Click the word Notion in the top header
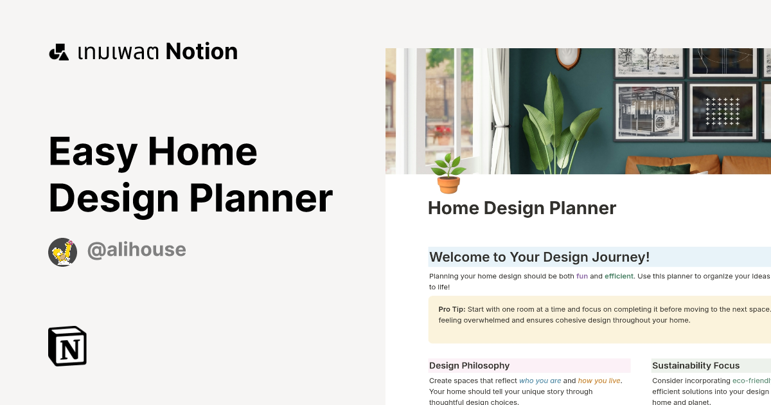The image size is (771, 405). click(202, 51)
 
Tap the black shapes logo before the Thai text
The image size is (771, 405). click(58, 52)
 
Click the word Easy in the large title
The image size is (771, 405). click(93, 152)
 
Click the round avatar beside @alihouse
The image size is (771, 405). click(63, 252)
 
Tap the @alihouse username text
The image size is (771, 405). click(136, 250)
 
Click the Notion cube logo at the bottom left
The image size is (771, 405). click(67, 346)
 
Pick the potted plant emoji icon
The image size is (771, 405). click(448, 174)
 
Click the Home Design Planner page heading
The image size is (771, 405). click(522, 208)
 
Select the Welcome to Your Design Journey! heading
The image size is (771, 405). click(540, 257)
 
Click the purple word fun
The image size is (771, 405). click(582, 276)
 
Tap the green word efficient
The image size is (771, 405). click(619, 276)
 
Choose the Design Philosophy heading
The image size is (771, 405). click(469, 366)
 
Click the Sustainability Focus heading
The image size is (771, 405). click(696, 366)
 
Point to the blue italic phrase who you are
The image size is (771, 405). click(540, 381)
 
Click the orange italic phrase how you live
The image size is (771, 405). click(599, 381)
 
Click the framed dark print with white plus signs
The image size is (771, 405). click(722, 111)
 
